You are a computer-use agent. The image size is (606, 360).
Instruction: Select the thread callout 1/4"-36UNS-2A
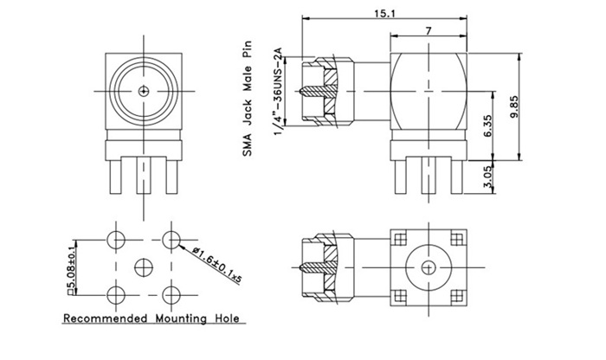(279, 91)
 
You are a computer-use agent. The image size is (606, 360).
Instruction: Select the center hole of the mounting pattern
(143, 265)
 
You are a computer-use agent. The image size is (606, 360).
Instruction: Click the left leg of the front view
(116, 178)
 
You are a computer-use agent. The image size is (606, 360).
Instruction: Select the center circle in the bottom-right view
(429, 265)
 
